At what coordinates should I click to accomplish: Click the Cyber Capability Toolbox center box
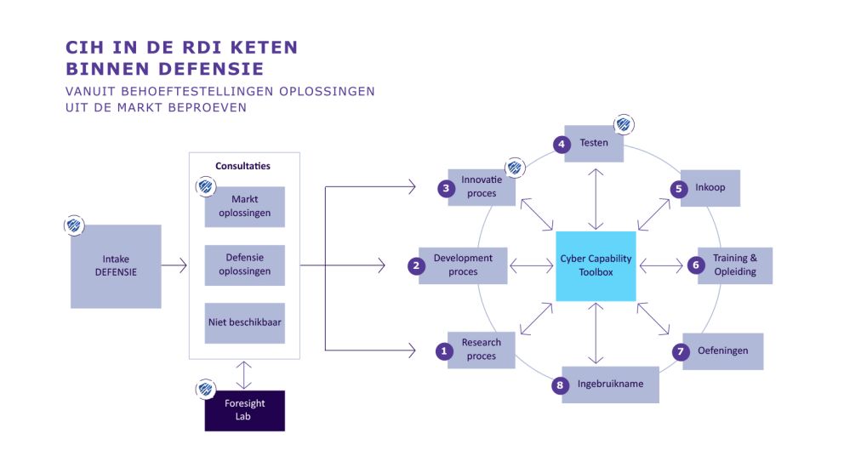coord(596,265)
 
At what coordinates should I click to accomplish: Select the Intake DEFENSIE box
coord(115,266)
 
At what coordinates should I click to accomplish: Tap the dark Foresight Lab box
coord(245,410)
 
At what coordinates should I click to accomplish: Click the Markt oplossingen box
coord(245,207)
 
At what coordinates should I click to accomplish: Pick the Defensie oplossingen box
coord(245,265)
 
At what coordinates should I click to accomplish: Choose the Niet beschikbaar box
coord(245,323)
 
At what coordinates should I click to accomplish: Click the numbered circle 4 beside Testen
coord(562,144)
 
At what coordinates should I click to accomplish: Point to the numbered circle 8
coord(559,385)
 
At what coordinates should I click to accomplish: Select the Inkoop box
coord(710,188)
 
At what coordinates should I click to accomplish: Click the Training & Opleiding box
coord(734,265)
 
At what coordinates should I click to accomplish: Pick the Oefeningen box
coord(723,351)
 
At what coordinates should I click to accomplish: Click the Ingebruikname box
coord(610,385)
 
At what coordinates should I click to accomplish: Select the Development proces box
coord(463,265)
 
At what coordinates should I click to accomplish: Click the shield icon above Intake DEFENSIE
coord(74,226)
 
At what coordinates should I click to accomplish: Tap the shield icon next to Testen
coord(624,125)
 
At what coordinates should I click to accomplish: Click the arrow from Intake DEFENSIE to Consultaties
coord(174,266)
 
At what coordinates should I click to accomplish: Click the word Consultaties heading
coord(243,166)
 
